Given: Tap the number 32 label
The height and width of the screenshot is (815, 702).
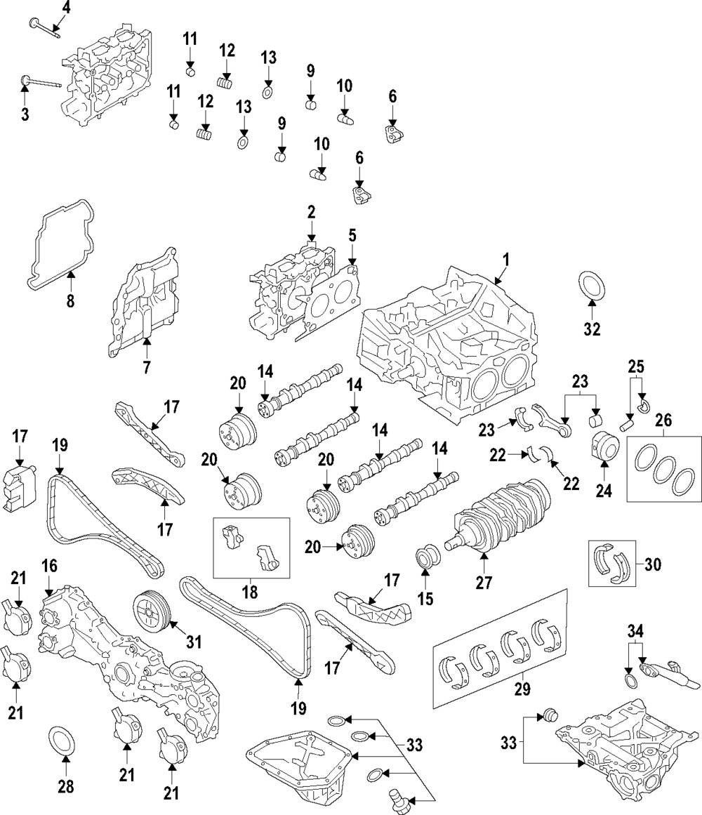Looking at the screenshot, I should [x=592, y=328].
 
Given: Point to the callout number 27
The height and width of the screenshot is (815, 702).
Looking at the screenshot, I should [x=484, y=581].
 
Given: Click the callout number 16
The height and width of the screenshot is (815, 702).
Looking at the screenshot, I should [x=49, y=566].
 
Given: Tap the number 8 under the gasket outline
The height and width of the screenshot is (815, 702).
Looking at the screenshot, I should [x=70, y=301].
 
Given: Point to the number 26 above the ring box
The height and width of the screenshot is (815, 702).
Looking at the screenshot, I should [x=664, y=420].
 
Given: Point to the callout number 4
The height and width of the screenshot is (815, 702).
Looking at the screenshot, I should [x=67, y=8].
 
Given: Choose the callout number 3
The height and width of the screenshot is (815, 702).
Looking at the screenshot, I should [x=25, y=114].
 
